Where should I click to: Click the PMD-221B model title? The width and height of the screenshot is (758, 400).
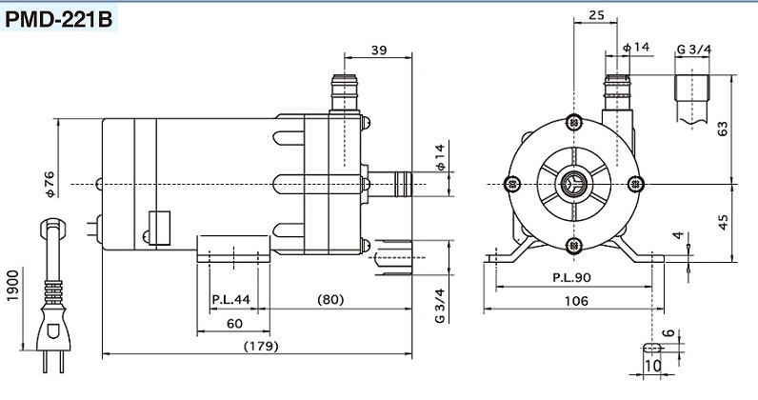pos(59,19)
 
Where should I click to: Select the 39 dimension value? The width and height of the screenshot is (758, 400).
pos(379,50)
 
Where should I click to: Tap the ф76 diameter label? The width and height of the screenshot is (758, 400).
pos(50,184)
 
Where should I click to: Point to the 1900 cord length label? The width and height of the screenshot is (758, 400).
pos(13,286)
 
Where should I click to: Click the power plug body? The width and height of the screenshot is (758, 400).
pos(53,329)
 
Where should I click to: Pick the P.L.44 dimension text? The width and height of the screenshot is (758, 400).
pos(231,299)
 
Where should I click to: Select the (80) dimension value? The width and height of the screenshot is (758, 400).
pos(330,299)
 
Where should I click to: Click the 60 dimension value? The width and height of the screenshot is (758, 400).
pos(234,323)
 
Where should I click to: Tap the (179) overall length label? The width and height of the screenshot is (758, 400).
pos(261,346)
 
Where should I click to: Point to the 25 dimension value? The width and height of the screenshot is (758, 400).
pos(596,15)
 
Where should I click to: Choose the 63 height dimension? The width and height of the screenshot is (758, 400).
pos(723,129)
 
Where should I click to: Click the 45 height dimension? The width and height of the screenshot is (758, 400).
pos(723,222)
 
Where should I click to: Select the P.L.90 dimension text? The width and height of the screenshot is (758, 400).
pos(571,278)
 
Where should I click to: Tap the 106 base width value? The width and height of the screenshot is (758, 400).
pos(576,301)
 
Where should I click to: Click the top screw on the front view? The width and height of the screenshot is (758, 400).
pos(574,123)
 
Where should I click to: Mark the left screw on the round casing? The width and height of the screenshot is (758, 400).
pos(512,184)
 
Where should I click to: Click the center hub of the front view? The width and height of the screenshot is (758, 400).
pos(574,184)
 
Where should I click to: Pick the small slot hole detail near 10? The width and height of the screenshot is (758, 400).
pos(652,348)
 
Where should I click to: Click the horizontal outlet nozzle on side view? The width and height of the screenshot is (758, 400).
pos(389,184)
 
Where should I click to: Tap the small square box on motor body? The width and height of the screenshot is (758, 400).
pos(160,228)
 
